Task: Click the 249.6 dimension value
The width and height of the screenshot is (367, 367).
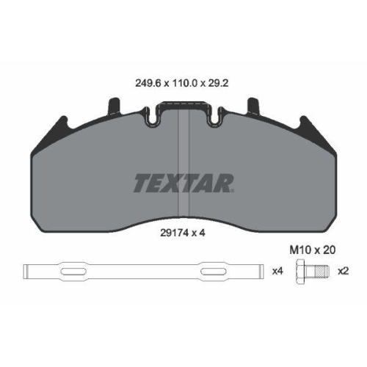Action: click(x=148, y=84)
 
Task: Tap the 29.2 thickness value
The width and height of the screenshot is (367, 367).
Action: click(x=218, y=84)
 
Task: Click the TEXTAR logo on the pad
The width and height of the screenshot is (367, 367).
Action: click(x=183, y=183)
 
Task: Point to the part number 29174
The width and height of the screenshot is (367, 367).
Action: click(x=175, y=233)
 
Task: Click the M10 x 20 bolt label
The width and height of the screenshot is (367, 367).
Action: click(x=313, y=250)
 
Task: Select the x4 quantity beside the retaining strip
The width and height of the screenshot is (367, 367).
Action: click(x=277, y=271)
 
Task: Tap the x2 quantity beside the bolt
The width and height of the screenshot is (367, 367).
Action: click(x=343, y=271)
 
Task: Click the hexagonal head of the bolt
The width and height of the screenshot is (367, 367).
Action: click(x=301, y=271)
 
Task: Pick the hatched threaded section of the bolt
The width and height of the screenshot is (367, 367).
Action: click(x=321, y=271)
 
